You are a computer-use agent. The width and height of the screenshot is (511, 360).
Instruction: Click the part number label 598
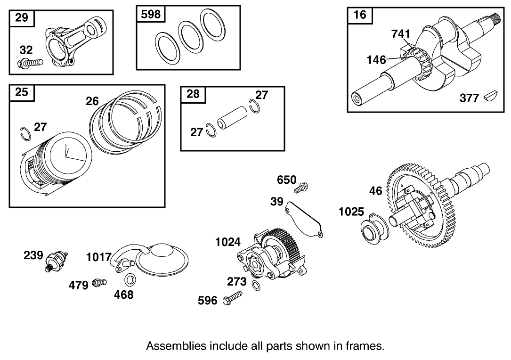point(151,15)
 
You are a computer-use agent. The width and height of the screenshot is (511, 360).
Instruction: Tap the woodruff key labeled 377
point(491,97)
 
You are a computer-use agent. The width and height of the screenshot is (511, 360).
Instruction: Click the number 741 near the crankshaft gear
point(401,34)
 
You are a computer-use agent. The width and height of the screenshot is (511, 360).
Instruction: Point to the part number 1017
point(98,257)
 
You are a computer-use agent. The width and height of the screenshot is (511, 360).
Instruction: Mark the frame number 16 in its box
point(359,15)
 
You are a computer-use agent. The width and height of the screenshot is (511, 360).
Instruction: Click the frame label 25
point(22,92)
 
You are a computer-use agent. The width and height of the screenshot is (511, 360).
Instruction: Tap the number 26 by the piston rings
point(92,101)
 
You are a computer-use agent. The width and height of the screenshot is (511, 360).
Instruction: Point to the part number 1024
point(227,242)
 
